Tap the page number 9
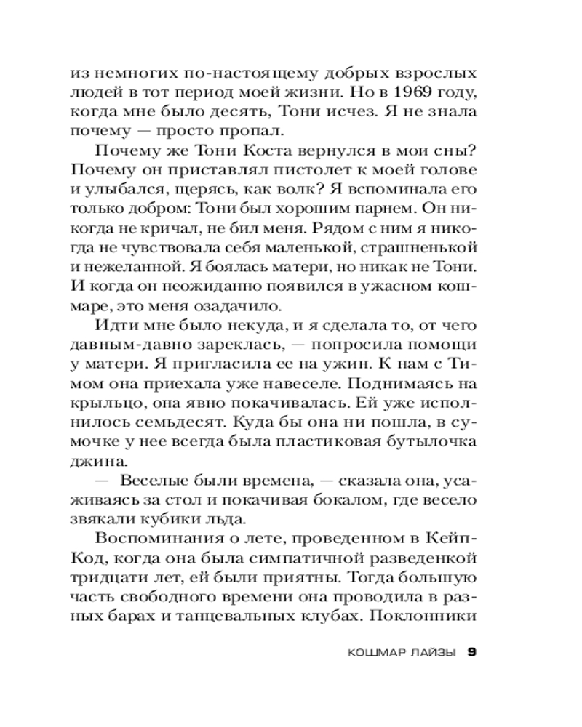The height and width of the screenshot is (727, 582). [471, 652]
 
